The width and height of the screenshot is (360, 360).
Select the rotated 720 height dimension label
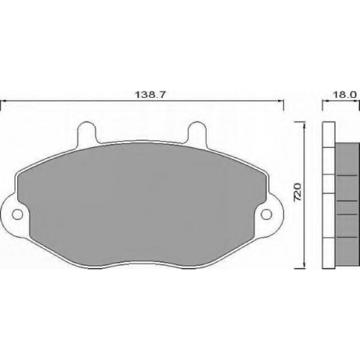[297, 192]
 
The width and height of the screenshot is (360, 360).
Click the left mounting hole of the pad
[17, 215]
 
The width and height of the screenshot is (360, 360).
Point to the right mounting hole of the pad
[266, 214]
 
